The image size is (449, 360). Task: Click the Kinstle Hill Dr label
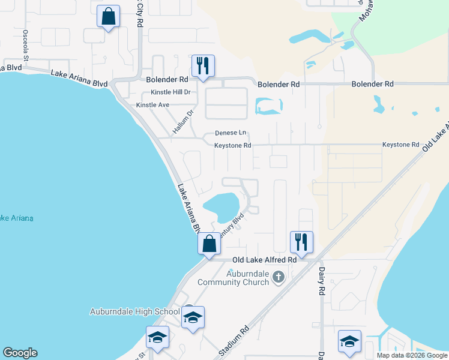coord(170,92)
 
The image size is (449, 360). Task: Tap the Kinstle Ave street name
coord(153,105)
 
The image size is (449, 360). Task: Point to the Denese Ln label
coord(231,133)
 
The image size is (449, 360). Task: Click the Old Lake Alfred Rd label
coord(265,260)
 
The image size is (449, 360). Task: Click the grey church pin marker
coord(278,277)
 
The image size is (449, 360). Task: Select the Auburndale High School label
coord(134,311)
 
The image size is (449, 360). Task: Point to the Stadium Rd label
coord(234,342)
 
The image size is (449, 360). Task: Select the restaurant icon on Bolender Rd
coord(203,66)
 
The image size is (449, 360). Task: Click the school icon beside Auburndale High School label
coord(193,317)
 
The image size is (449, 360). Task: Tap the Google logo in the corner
coord(20,353)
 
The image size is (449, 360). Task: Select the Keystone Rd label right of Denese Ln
coord(232,145)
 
